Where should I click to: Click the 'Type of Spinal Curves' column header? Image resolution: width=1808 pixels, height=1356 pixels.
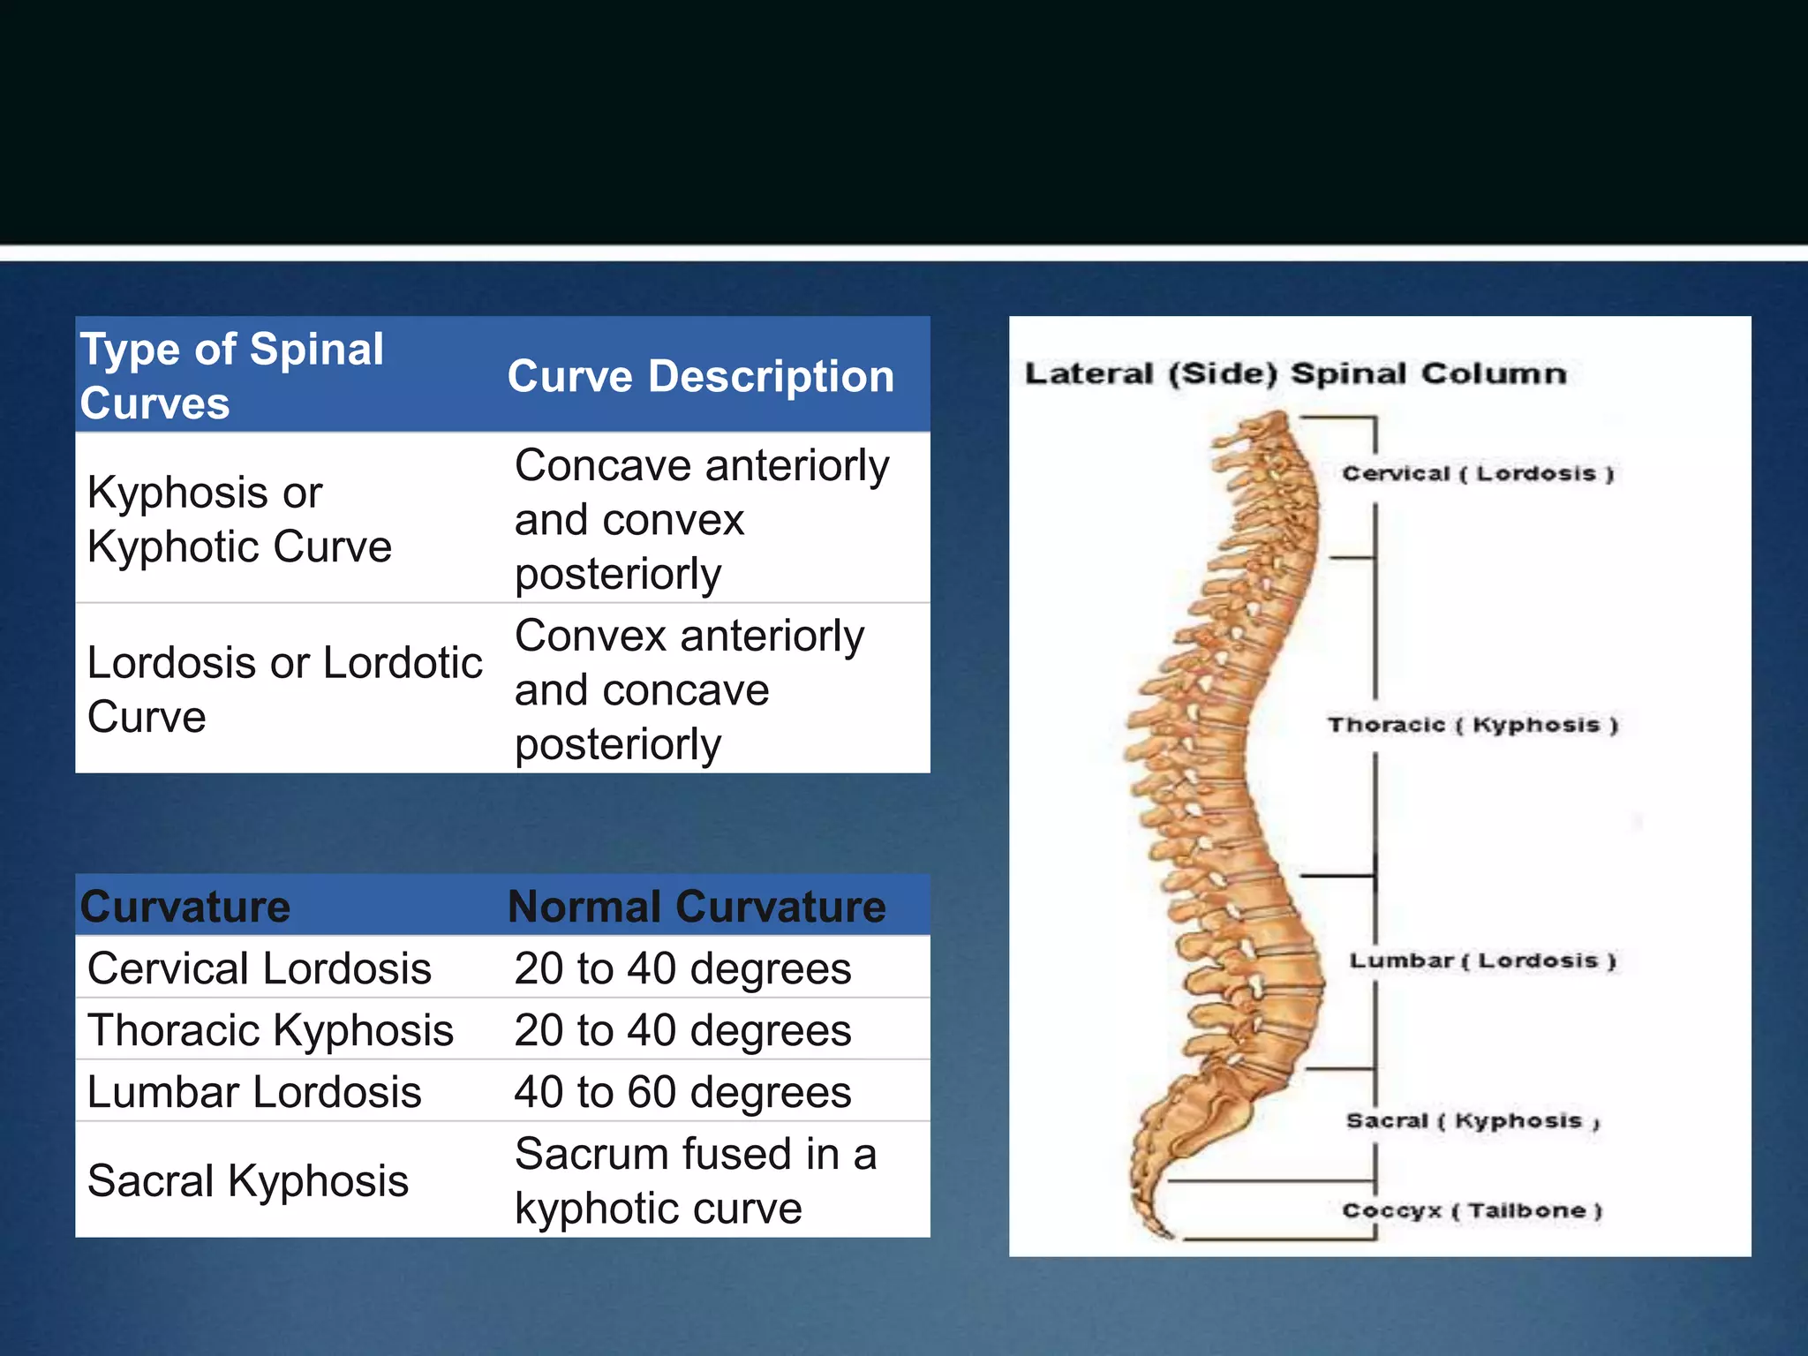coord(231,375)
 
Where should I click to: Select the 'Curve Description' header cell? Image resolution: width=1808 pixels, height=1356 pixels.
coord(700,376)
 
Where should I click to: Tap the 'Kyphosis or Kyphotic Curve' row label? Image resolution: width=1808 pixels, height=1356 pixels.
coord(239,519)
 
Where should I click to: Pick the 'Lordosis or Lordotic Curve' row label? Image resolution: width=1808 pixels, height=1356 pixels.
coord(284,689)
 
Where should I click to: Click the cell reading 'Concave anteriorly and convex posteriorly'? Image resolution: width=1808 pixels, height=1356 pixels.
coord(702,519)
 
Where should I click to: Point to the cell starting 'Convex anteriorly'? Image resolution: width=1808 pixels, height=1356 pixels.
coord(689,689)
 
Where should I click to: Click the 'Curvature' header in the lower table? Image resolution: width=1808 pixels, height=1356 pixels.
coord(185,907)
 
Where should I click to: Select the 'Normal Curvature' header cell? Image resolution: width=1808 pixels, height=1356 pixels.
coord(697,907)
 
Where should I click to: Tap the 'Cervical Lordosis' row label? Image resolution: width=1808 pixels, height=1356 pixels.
coord(260,968)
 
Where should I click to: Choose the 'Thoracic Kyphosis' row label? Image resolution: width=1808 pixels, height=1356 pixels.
coord(270,1030)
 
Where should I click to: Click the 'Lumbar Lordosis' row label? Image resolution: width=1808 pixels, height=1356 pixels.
coord(254,1092)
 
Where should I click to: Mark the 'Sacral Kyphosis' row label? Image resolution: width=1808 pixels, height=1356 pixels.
coord(248,1180)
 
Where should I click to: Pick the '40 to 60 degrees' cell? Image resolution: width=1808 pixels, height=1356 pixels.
coord(682,1092)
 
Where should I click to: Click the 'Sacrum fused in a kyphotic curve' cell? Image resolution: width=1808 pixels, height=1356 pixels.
coord(696,1180)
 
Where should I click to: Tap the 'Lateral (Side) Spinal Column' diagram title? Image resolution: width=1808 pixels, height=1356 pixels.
coord(1295,373)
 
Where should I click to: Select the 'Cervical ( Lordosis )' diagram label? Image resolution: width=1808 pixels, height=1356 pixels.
coord(1478,474)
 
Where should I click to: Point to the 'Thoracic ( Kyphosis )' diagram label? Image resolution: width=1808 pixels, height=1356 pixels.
coord(1473,725)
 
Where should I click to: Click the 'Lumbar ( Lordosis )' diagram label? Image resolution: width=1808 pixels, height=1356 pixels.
coord(1482,960)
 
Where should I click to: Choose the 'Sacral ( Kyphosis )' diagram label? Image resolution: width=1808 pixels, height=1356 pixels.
coord(1473,1121)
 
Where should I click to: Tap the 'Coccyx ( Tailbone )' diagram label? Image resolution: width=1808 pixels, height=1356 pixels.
coord(1472,1210)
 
